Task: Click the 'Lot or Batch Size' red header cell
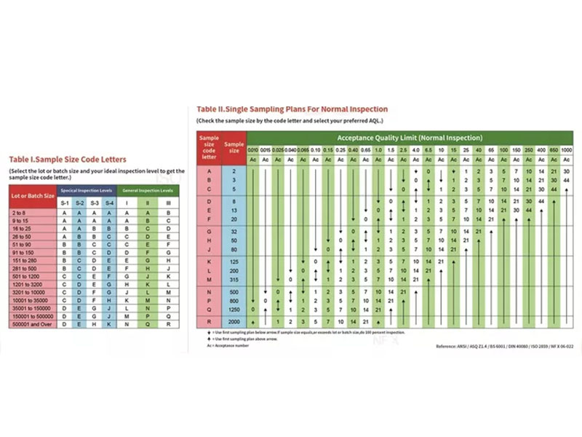(x=33, y=195)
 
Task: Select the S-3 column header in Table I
(x=95, y=201)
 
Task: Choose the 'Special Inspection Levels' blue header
(x=87, y=189)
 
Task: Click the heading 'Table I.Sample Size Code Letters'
(x=67, y=159)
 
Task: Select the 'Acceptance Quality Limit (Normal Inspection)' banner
(x=409, y=138)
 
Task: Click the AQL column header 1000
(x=566, y=149)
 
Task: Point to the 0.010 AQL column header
(x=253, y=149)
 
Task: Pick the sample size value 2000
(x=234, y=321)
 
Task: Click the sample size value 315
(x=234, y=279)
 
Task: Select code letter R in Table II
(x=210, y=321)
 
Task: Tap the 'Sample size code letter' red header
(x=210, y=146)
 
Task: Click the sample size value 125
(x=234, y=260)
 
